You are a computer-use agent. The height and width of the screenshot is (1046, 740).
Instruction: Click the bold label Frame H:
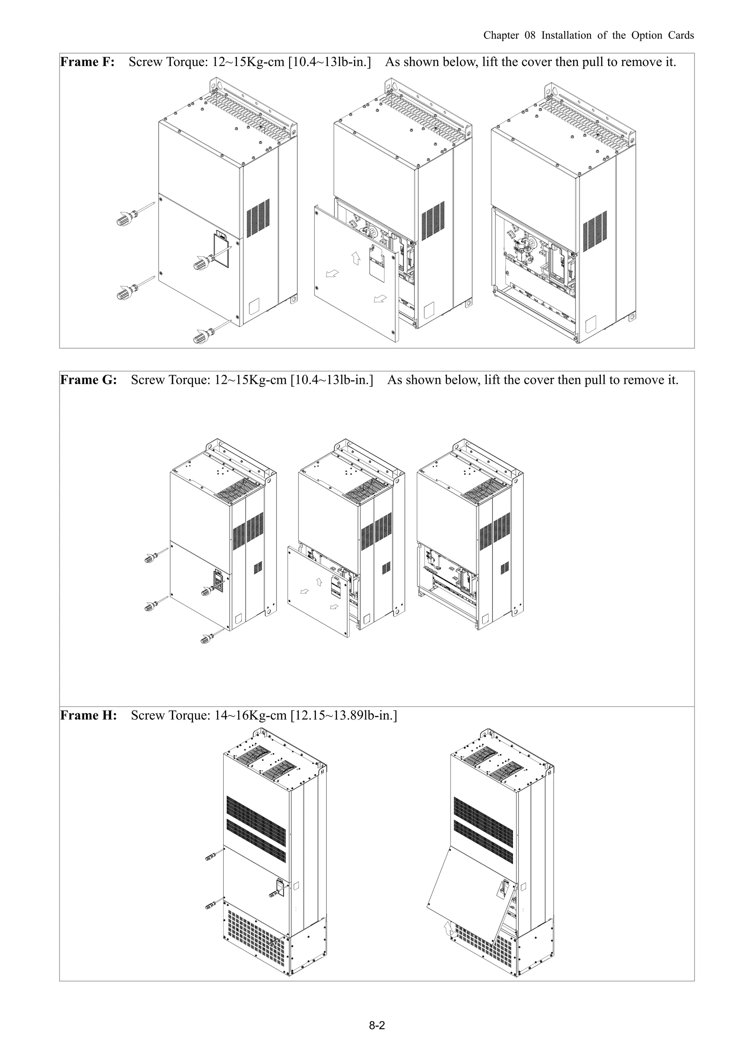coord(89,715)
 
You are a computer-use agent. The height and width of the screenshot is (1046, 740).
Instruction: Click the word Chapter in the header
coord(501,35)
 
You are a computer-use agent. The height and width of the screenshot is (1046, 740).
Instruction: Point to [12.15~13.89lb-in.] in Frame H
coord(344,715)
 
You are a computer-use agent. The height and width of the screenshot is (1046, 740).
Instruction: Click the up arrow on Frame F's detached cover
coord(356,258)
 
